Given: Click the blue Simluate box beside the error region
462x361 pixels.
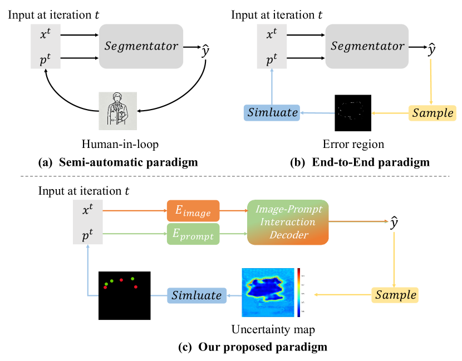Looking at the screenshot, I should click(x=272, y=113).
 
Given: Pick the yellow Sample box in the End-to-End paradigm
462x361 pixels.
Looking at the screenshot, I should click(x=432, y=113).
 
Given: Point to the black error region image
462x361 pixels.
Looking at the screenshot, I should click(x=352, y=113).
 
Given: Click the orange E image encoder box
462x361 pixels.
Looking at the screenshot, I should click(x=193, y=210).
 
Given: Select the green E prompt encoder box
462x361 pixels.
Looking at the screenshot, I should click(x=193, y=236).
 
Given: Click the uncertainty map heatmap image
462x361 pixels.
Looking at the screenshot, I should click(x=267, y=292).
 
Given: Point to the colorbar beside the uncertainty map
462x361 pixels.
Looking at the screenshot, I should click(x=299, y=292).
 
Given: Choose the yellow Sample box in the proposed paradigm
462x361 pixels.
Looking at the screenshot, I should click(x=395, y=295).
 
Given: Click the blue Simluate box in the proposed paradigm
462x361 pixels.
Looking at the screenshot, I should click(x=196, y=295).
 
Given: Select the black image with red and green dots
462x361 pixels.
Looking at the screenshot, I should click(x=125, y=295).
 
